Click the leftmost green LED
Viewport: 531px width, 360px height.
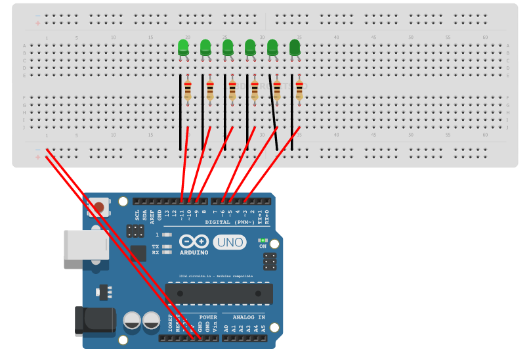[183, 47]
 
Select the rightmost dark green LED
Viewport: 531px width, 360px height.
[295, 47]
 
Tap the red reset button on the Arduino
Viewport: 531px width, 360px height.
[98, 208]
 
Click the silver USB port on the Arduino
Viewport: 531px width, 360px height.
[84, 249]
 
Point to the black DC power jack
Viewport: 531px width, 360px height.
[94, 321]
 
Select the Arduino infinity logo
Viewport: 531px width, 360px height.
[194, 242]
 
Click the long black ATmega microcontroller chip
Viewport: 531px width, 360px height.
[219, 293]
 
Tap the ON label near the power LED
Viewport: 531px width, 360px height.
[263, 246]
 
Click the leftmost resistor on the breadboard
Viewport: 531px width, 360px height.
[188, 90]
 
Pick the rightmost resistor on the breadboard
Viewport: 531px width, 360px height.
[299, 90]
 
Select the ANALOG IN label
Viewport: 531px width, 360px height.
[244, 317]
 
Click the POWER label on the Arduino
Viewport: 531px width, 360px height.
[208, 317]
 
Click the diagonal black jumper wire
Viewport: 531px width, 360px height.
[273, 112]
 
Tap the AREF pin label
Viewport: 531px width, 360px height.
[152, 214]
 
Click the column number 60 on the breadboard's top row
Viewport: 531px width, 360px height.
[485, 37]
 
